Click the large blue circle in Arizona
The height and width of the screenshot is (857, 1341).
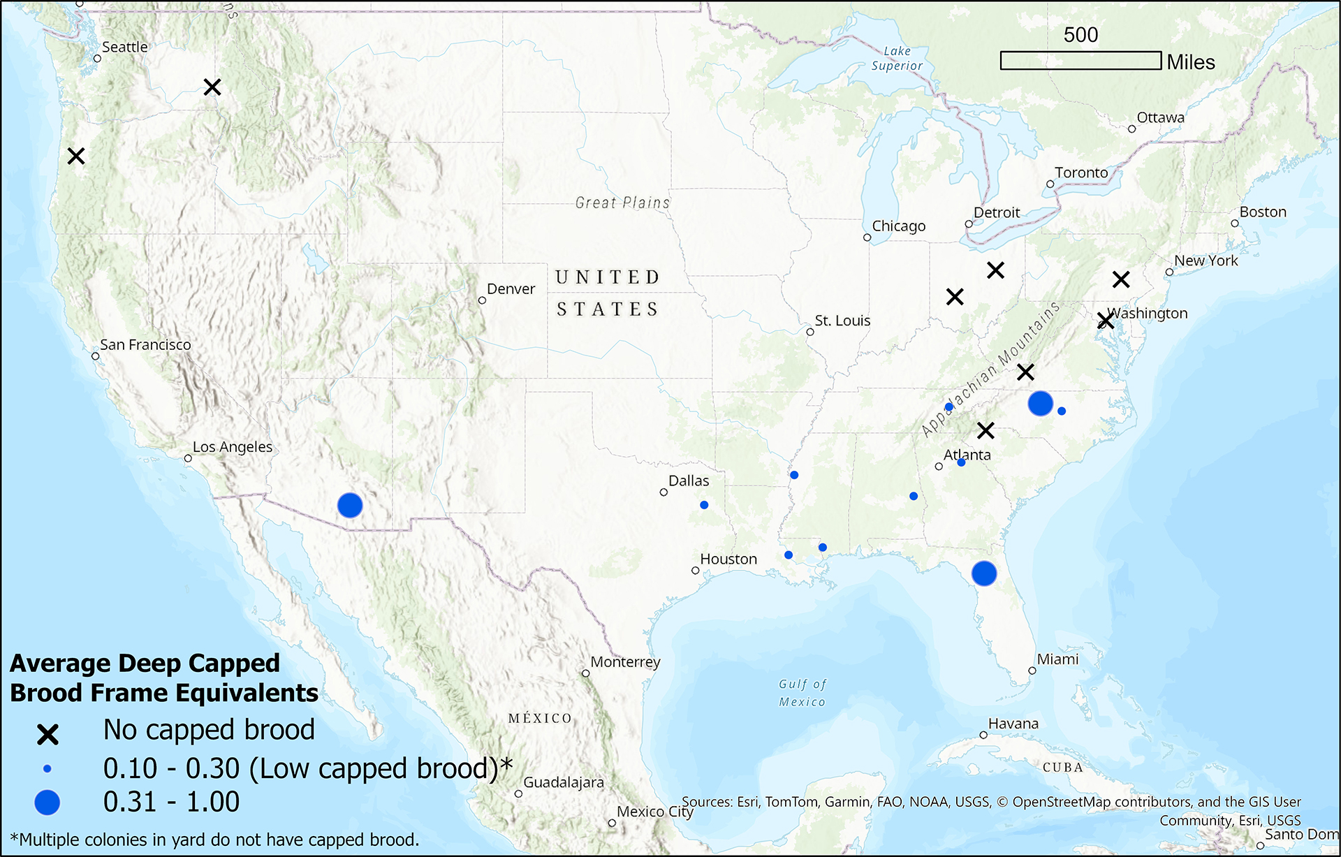(350, 505)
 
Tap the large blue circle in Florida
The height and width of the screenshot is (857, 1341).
(984, 573)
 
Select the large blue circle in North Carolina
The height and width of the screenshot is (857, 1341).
(1041, 403)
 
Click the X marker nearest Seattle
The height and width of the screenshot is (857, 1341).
(212, 87)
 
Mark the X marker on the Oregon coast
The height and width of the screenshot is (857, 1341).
(76, 156)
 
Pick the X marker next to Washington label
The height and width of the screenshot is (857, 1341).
(1106, 321)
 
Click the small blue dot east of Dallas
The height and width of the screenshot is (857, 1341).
(704, 505)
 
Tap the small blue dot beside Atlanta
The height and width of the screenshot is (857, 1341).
(961, 462)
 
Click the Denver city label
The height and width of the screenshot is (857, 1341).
(511, 289)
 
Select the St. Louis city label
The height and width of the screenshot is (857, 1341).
(842, 321)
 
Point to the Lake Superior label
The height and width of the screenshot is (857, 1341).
(897, 59)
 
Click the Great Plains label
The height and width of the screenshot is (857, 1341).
(622, 203)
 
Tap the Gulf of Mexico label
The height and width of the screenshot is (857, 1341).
(803, 693)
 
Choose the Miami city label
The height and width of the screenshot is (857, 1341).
(1057, 659)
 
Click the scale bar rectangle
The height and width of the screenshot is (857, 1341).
(1080, 61)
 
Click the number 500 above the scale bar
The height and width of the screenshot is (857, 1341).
(1080, 35)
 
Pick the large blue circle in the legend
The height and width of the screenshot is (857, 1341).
(47, 803)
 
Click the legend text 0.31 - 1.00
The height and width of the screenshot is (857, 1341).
(171, 802)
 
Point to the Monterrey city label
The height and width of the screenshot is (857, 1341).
(625, 662)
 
